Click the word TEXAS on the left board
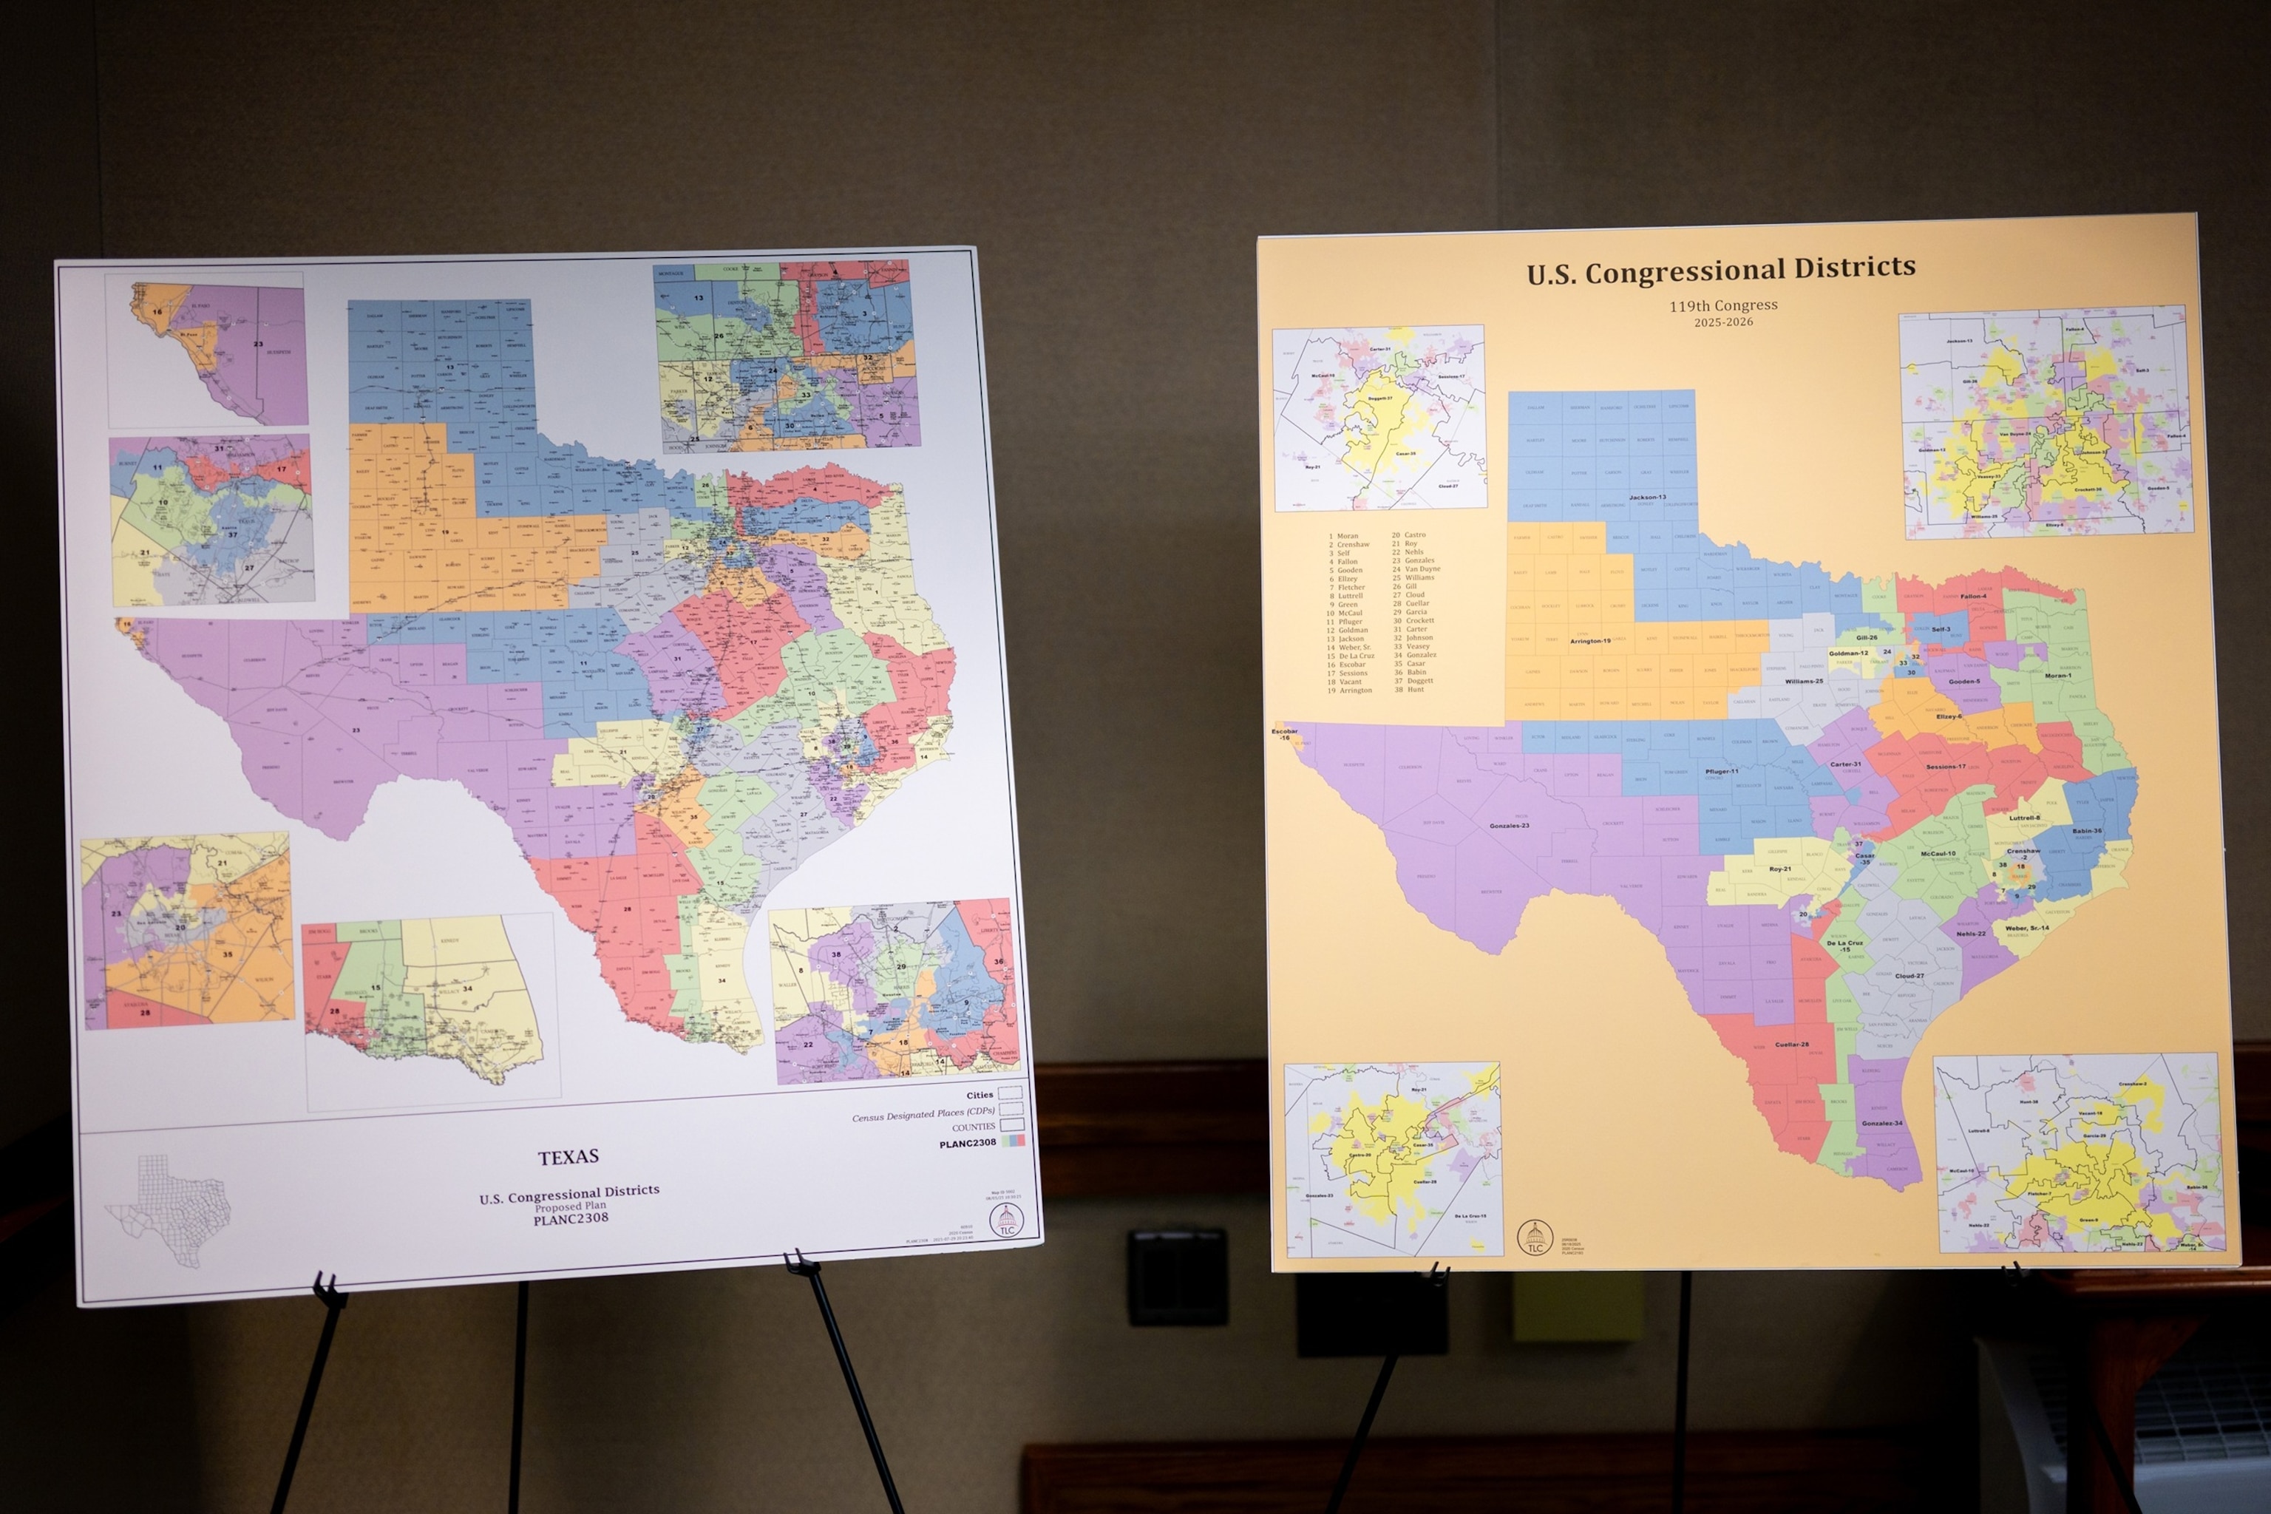click(x=568, y=1155)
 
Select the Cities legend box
click(x=1010, y=1094)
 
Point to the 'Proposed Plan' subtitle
click(x=570, y=1206)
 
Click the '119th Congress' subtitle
click(x=1723, y=305)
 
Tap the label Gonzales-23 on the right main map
click(x=1509, y=826)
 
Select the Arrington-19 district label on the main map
click(x=1589, y=641)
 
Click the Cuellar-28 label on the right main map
click(x=1791, y=1044)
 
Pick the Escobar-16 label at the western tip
click(x=1284, y=735)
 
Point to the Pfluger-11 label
click(x=1722, y=772)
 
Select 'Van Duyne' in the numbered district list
click(x=1416, y=568)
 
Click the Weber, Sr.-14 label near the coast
click(x=2027, y=928)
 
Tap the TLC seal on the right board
click(x=1533, y=1237)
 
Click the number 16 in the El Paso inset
click(x=157, y=312)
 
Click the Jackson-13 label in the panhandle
click(x=1647, y=498)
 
